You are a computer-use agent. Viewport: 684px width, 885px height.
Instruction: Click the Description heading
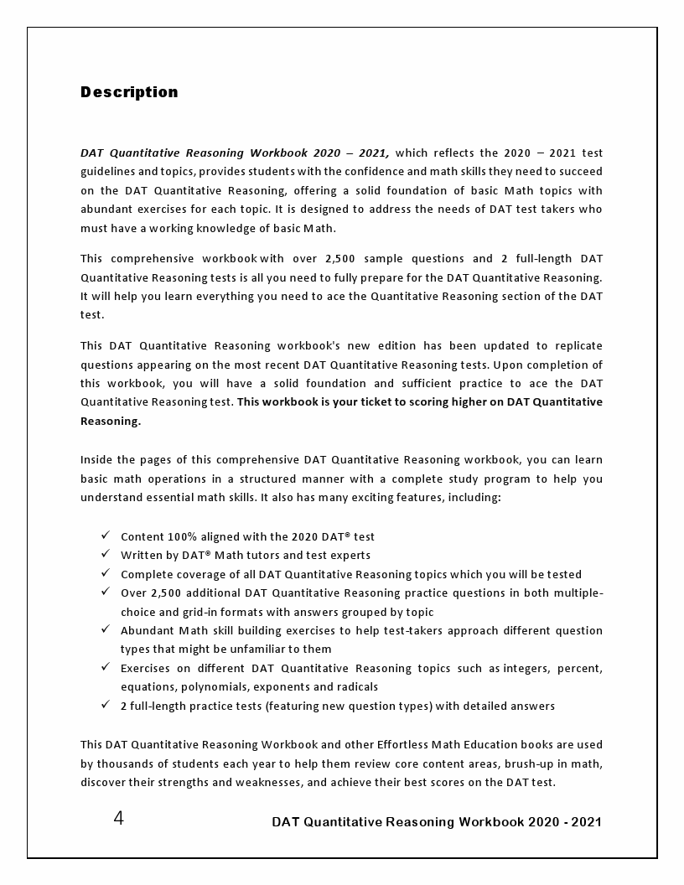(129, 92)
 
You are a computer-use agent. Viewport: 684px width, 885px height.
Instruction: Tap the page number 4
(118, 819)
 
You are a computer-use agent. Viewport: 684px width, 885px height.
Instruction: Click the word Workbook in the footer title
(491, 822)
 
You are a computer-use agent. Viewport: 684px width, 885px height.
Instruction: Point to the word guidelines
(111, 171)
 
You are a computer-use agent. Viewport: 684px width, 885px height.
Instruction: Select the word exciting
(398, 498)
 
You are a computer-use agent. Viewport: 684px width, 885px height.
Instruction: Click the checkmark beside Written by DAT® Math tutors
(105, 555)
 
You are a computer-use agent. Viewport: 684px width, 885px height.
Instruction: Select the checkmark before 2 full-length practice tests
(105, 706)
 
